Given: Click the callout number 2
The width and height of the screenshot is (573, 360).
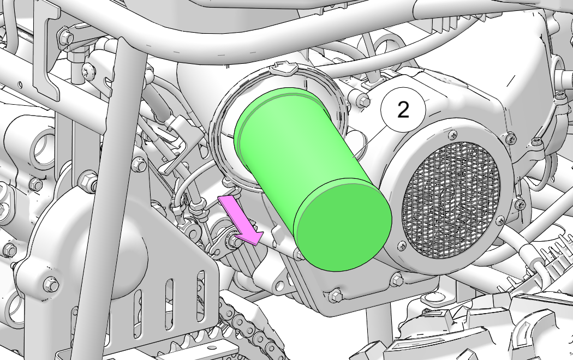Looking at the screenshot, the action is pyautogui.click(x=403, y=110).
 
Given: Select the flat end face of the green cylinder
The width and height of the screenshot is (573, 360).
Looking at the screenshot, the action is pyautogui.click(x=343, y=224).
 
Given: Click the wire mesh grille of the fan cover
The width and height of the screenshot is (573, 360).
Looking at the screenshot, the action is pyautogui.click(x=451, y=199).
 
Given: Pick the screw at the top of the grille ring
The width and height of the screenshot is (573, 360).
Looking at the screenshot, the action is pyautogui.click(x=452, y=134).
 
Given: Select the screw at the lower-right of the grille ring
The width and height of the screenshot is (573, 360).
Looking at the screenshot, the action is pyautogui.click(x=500, y=220).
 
